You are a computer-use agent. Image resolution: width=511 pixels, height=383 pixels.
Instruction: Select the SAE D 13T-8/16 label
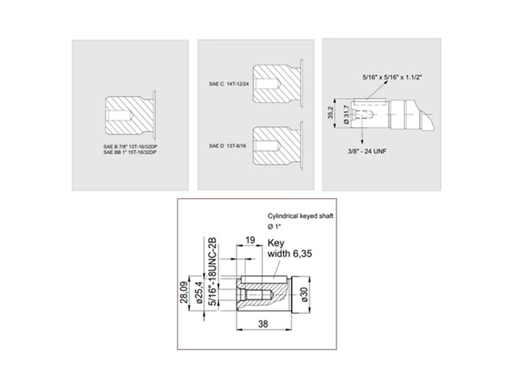[227, 146]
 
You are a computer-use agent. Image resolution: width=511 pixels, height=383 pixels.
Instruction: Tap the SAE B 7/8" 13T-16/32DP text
[132, 146]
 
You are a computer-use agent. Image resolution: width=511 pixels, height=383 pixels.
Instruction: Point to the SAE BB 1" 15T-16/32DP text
[130, 152]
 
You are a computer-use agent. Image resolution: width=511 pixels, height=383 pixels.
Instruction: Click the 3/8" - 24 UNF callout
[367, 151]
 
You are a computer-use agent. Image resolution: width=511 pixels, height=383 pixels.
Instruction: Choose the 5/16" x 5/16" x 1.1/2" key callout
[392, 77]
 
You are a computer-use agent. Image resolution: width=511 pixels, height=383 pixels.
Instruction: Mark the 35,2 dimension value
[331, 112]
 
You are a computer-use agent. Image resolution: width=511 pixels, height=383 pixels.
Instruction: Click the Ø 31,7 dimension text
[346, 114]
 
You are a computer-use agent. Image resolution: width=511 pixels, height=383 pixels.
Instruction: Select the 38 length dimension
[263, 324]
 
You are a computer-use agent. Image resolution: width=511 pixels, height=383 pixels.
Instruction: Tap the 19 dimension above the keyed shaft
[250, 241]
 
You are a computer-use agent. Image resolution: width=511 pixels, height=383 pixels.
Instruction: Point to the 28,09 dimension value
[184, 292]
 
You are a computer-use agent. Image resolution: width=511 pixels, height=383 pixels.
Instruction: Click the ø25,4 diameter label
[199, 292]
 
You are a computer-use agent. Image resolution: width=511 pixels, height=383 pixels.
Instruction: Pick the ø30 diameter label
[305, 294]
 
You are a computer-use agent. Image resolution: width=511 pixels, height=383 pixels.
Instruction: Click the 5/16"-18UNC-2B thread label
[213, 272]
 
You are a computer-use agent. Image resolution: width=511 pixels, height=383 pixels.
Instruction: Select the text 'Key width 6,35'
[289, 248]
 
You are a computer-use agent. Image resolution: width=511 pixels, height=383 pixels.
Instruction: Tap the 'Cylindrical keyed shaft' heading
[300, 216]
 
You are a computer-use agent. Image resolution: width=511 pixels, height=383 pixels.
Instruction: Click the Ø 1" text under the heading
[275, 227]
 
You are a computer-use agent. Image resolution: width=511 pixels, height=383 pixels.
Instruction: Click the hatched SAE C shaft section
[277, 83]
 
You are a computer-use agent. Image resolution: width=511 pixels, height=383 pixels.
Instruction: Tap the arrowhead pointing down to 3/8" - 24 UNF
[362, 140]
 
